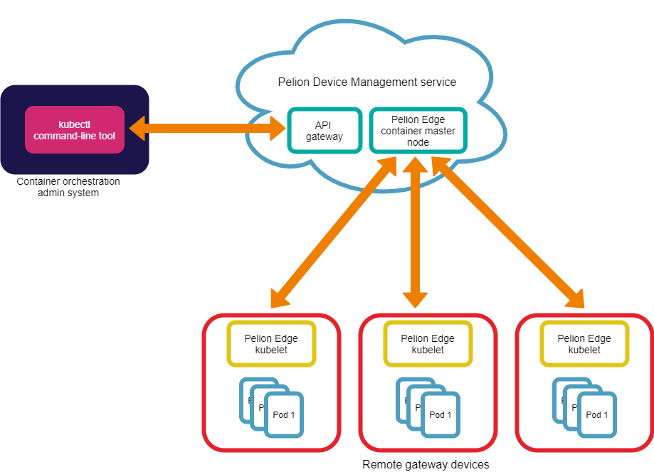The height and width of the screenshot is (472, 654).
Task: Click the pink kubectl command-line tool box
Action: tap(75, 129)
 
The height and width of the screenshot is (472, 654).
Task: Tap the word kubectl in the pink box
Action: tap(74, 124)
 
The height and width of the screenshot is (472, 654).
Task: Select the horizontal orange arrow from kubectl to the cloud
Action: tap(206, 129)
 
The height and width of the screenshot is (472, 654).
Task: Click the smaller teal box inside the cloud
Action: tap(325, 130)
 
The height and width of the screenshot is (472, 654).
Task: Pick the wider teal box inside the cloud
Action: tap(418, 130)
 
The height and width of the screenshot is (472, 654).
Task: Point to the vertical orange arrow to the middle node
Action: tap(415, 235)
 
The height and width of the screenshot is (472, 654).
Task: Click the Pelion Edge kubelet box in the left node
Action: tap(271, 344)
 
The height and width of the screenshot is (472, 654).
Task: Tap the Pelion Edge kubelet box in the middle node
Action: tap(428, 344)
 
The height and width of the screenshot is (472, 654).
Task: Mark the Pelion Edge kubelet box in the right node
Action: tap(584, 344)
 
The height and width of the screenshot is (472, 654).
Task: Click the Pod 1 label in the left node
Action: tap(284, 414)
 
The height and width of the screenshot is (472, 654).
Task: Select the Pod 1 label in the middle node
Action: tap(441, 414)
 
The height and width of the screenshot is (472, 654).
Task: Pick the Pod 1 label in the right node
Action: tap(597, 414)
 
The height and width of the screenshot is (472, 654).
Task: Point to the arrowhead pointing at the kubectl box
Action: tap(137, 129)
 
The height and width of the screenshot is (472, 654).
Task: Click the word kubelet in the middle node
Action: tap(428, 350)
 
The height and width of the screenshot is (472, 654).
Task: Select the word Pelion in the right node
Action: tap(571, 339)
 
